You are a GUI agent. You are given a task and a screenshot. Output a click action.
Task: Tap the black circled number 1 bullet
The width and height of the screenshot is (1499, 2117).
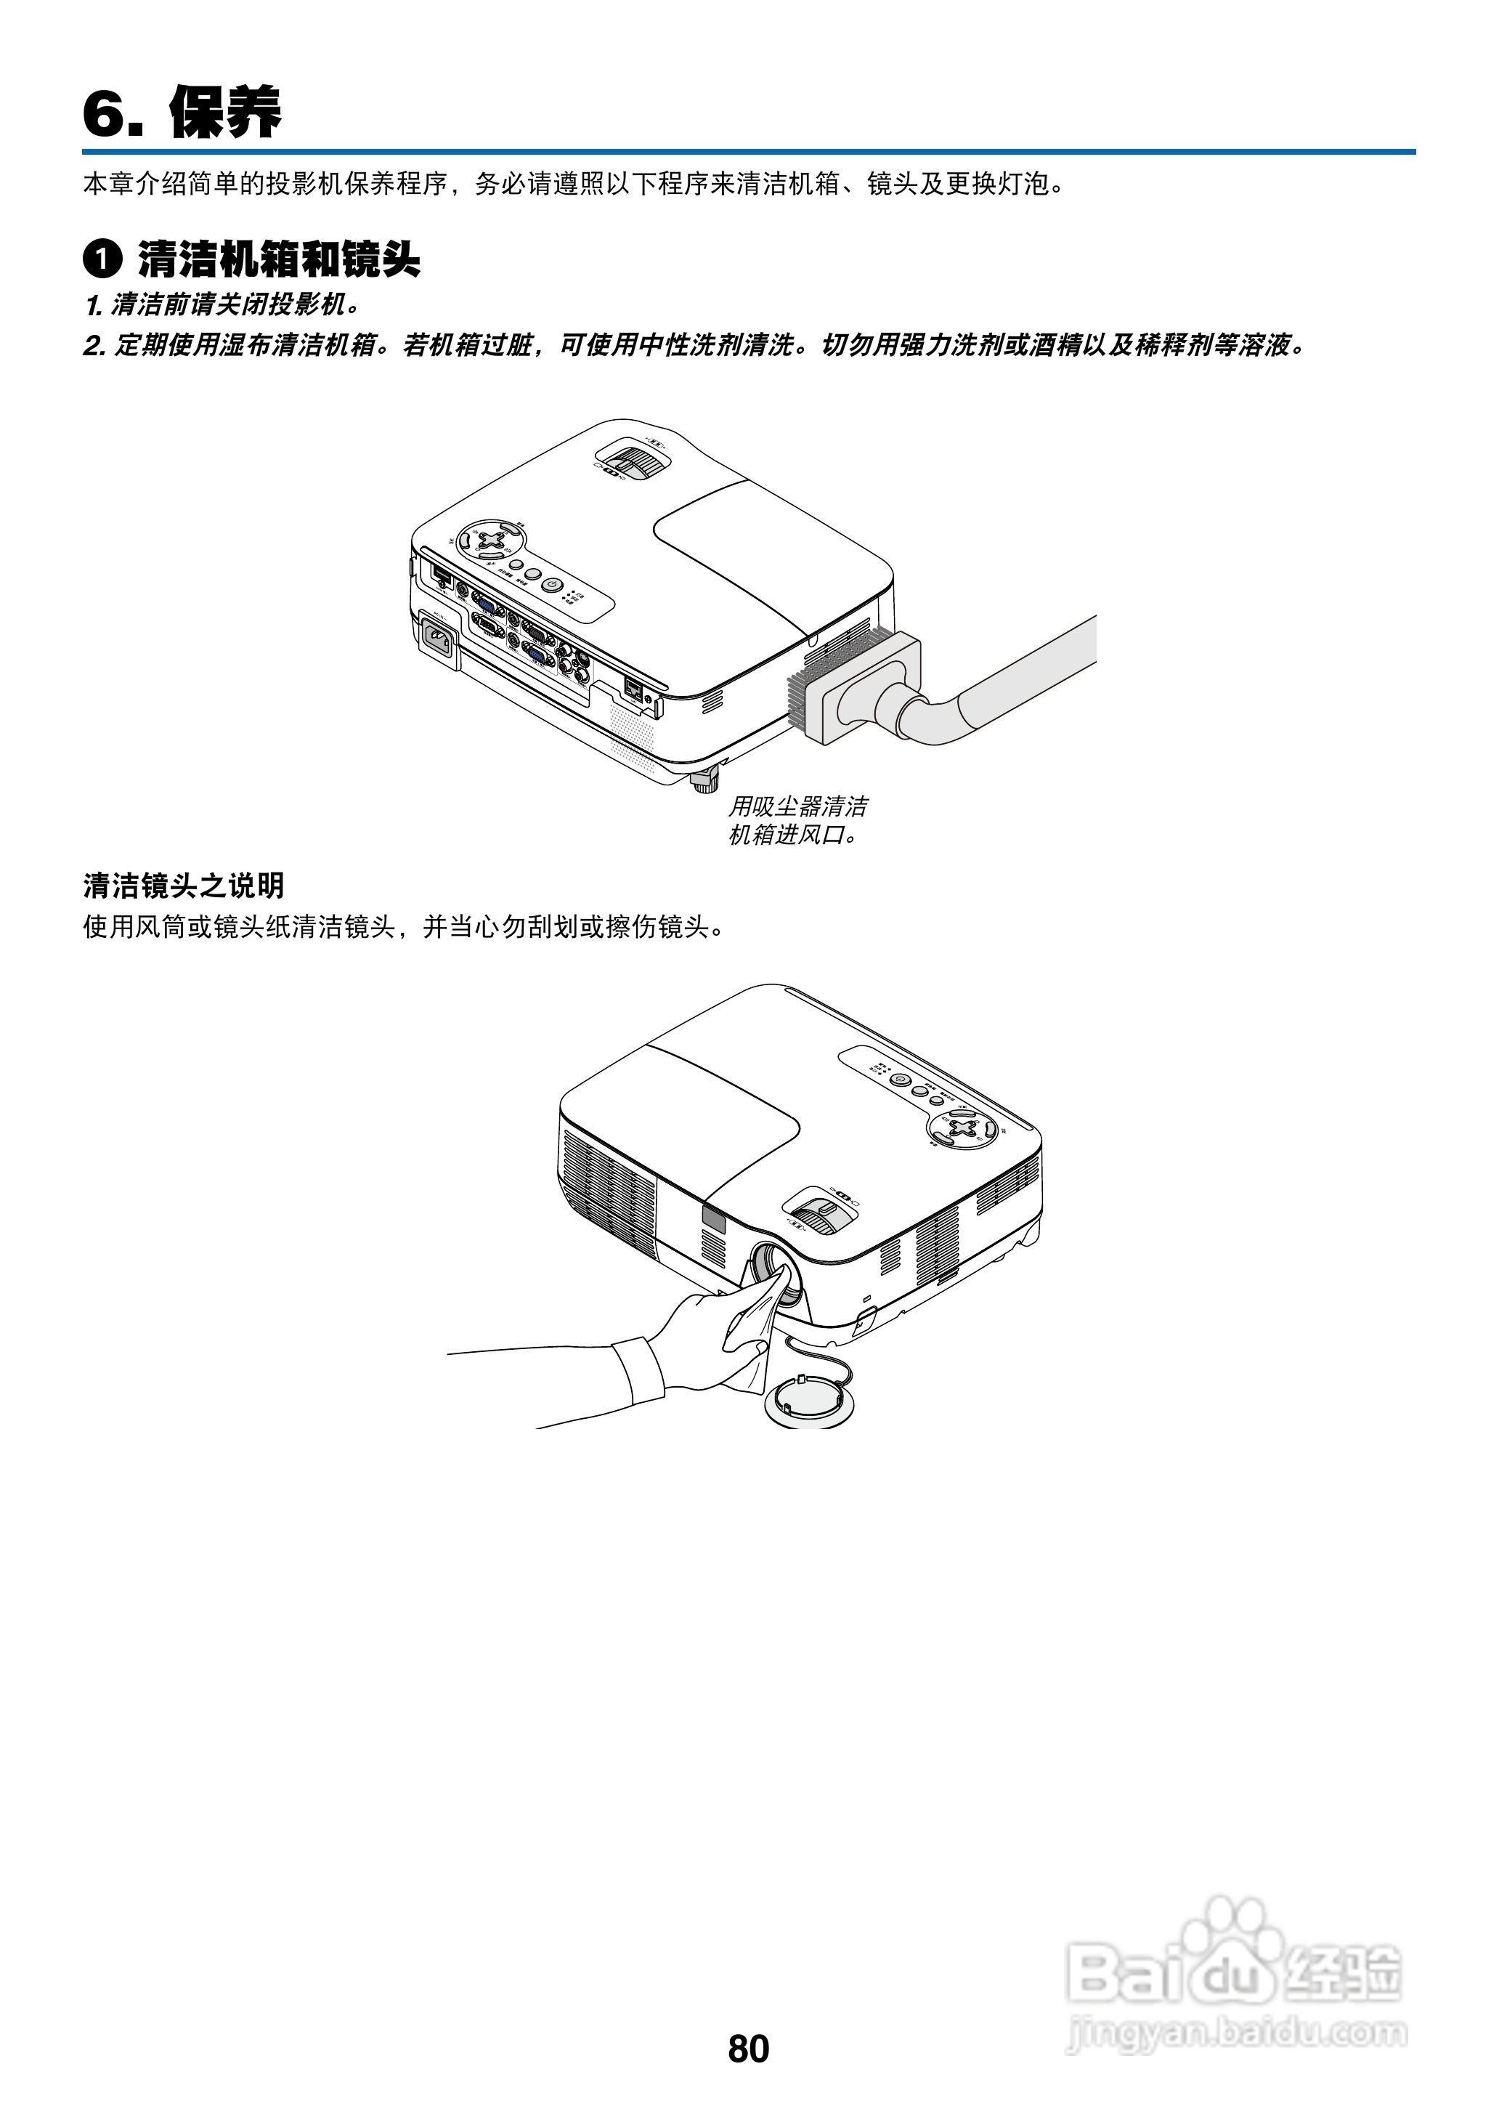[x=102, y=259]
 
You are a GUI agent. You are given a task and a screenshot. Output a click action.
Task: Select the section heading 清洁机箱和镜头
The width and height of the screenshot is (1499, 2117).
[x=279, y=259]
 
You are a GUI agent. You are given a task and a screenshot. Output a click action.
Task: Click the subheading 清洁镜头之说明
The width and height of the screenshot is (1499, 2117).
[x=183, y=886]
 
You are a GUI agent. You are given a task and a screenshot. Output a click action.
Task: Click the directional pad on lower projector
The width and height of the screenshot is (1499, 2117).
[x=964, y=1128]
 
